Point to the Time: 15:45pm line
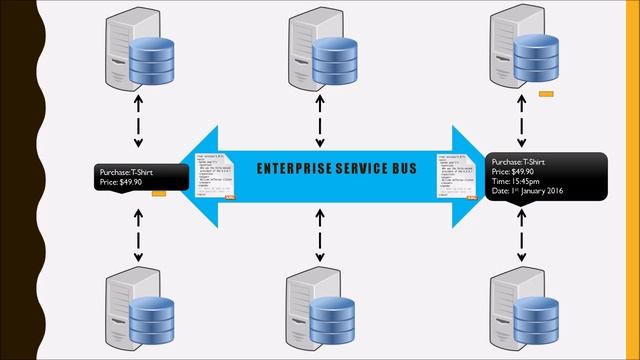click(521, 181)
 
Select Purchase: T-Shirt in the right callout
click(519, 161)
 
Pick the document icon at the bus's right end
click(452, 176)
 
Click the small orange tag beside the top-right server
click(546, 94)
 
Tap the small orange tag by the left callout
click(158, 196)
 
